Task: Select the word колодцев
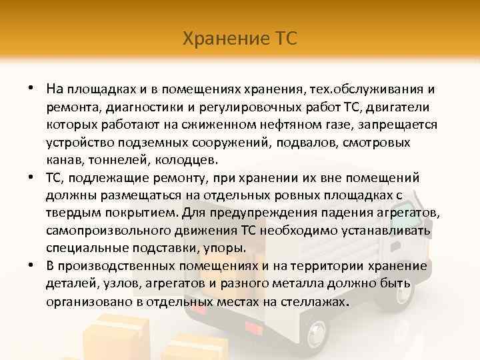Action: pyautogui.click(x=189, y=161)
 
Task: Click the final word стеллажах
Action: pyautogui.click(x=313, y=301)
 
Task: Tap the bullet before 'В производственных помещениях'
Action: pyautogui.click(x=31, y=265)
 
